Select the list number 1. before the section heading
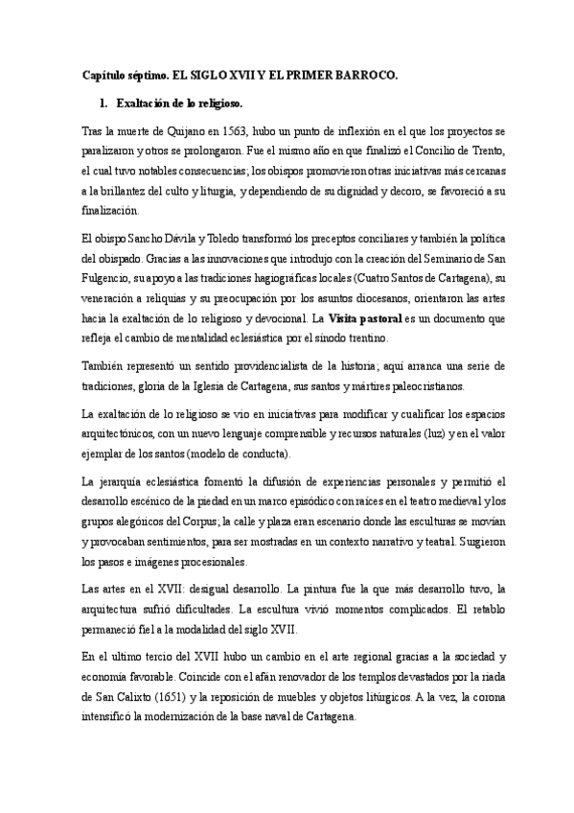click(103, 101)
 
